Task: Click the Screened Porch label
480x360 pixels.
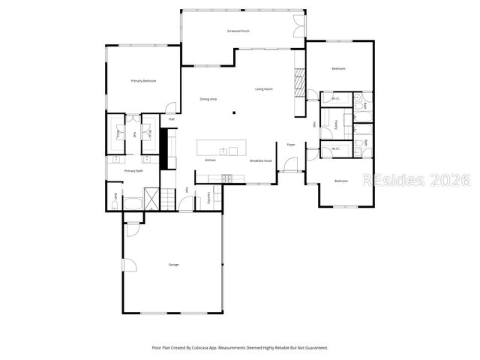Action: tap(238, 31)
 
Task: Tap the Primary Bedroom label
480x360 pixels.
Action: tap(143, 81)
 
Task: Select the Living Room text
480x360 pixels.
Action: tap(263, 89)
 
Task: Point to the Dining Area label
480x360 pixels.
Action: tap(208, 99)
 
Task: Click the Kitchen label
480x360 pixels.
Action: tap(211, 160)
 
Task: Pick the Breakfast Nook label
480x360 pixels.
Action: tap(260, 160)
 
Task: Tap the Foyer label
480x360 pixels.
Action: tap(290, 144)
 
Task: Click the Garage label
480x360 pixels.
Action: tap(173, 265)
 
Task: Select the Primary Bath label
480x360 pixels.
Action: tap(133, 171)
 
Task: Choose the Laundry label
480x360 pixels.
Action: tap(208, 196)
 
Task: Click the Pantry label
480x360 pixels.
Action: tap(337, 124)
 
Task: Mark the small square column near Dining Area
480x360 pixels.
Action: tap(234, 113)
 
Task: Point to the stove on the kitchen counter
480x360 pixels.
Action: tap(227, 177)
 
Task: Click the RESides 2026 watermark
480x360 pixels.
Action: tap(415, 181)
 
